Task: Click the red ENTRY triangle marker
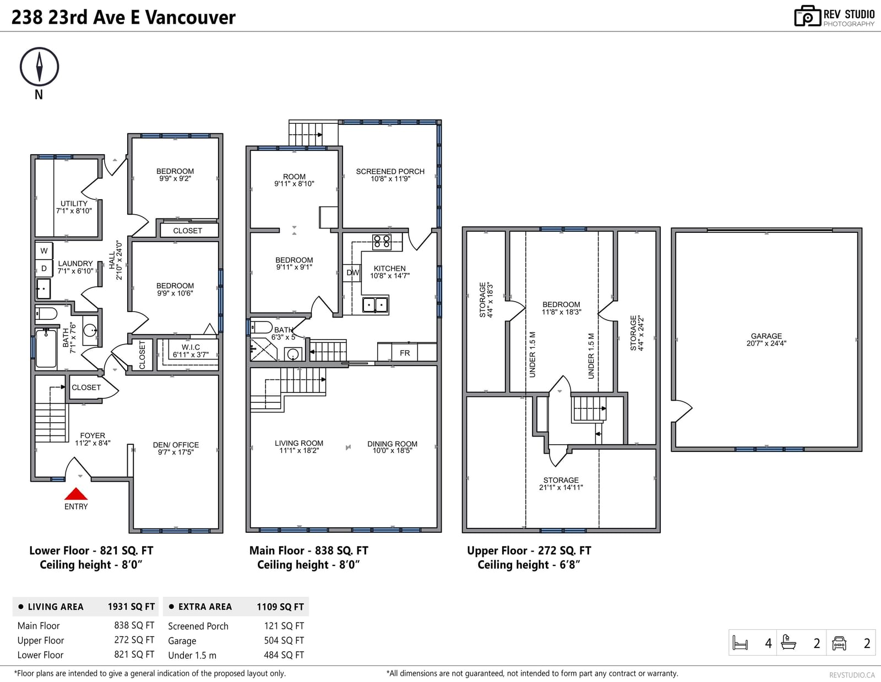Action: click(76, 494)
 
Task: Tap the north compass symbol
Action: click(39, 67)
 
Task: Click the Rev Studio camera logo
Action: click(807, 16)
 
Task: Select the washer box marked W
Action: click(44, 251)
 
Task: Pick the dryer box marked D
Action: click(44, 268)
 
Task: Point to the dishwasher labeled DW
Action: click(352, 272)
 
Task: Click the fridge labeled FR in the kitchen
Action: click(405, 352)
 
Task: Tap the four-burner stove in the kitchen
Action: click(382, 242)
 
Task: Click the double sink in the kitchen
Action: click(375, 305)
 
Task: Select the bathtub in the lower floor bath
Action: click(46, 348)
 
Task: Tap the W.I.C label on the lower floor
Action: click(191, 347)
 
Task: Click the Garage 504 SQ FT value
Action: click(284, 640)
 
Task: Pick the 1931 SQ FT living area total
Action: click(131, 607)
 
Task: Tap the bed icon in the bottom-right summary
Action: click(740, 643)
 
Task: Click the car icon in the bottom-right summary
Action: click(839, 643)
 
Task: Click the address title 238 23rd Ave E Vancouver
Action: click(123, 17)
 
